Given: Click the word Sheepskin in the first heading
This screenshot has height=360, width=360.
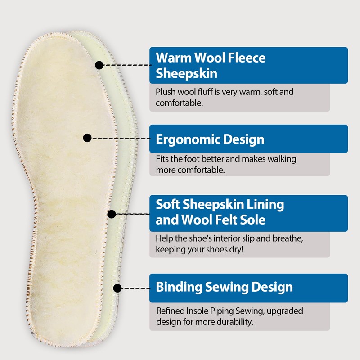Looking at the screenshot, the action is coord(186,73).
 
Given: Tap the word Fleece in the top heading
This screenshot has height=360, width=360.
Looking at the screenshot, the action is coord(246,58).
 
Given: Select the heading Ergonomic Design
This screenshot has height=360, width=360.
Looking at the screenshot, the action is coord(210,139).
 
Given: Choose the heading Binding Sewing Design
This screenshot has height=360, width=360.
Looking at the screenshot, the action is coord(224,287).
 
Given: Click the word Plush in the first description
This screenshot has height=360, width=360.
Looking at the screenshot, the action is coord(165,92).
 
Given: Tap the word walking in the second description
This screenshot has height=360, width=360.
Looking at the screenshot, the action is coord(283,159).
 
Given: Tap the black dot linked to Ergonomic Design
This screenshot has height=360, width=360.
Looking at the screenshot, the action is coord(88,138).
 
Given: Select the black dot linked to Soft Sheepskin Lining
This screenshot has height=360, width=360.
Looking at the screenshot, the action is coord(112,214).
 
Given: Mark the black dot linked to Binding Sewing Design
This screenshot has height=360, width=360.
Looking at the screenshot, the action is coord(117,287).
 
